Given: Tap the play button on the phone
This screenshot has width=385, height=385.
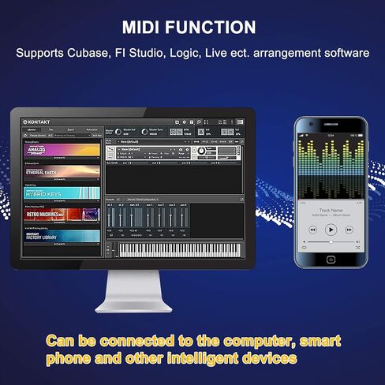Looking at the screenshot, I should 331,229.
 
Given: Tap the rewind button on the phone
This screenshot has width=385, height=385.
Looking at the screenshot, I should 313,229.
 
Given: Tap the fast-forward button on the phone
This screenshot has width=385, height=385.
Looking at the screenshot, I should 349,229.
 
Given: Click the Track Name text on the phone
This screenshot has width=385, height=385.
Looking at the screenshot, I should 331,209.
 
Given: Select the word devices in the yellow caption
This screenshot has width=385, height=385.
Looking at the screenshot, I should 269,357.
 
